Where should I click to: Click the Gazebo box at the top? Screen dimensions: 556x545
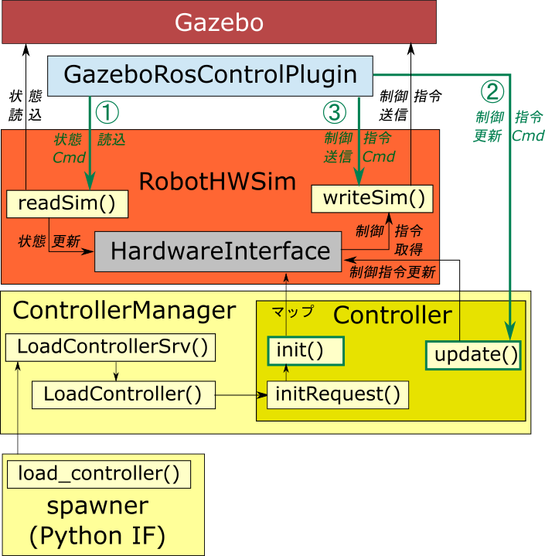[x=219, y=22]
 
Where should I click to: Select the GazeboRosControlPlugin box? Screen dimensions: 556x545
[x=209, y=75]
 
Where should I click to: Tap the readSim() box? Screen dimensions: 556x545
[x=66, y=203]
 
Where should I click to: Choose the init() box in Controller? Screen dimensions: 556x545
[x=305, y=351]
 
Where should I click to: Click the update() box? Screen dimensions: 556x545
[x=473, y=355]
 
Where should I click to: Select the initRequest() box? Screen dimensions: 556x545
[x=338, y=395]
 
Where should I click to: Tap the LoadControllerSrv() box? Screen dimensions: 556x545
[x=111, y=346]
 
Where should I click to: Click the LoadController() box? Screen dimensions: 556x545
[x=122, y=394]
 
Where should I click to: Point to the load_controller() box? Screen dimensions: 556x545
[x=98, y=473]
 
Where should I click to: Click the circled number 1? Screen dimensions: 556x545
[x=107, y=113]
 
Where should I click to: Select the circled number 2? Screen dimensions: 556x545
[x=492, y=92]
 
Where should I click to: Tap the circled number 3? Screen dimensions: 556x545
[x=334, y=113]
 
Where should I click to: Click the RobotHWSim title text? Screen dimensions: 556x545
[x=217, y=182]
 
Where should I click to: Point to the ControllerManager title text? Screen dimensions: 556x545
[x=124, y=311]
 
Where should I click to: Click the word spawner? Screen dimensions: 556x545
[x=97, y=506]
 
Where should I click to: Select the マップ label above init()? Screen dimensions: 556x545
[x=293, y=312]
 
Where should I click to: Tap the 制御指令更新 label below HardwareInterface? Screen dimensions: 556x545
[x=392, y=272]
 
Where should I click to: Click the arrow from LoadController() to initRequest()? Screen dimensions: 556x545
[x=240, y=395]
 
